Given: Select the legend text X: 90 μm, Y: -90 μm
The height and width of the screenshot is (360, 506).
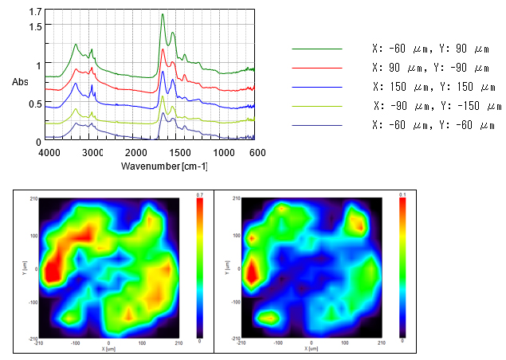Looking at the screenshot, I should point(430,68).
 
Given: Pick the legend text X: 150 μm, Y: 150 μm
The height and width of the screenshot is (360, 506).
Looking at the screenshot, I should point(430,87).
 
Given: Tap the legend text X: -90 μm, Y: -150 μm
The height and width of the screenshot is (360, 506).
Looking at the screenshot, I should point(437,106).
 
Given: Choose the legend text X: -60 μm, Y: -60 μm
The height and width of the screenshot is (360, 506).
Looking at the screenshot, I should point(430,125).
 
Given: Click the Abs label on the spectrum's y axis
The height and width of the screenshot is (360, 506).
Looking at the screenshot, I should point(21,82).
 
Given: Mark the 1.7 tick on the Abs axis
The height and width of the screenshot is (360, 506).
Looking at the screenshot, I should point(34,13).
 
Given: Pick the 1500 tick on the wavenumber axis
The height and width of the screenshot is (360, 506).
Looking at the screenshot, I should point(180,152).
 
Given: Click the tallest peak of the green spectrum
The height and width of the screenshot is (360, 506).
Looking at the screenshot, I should point(163,14).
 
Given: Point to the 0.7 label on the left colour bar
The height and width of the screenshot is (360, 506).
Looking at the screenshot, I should point(200,194).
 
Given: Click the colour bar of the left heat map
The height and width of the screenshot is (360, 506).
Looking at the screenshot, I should point(200,268).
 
